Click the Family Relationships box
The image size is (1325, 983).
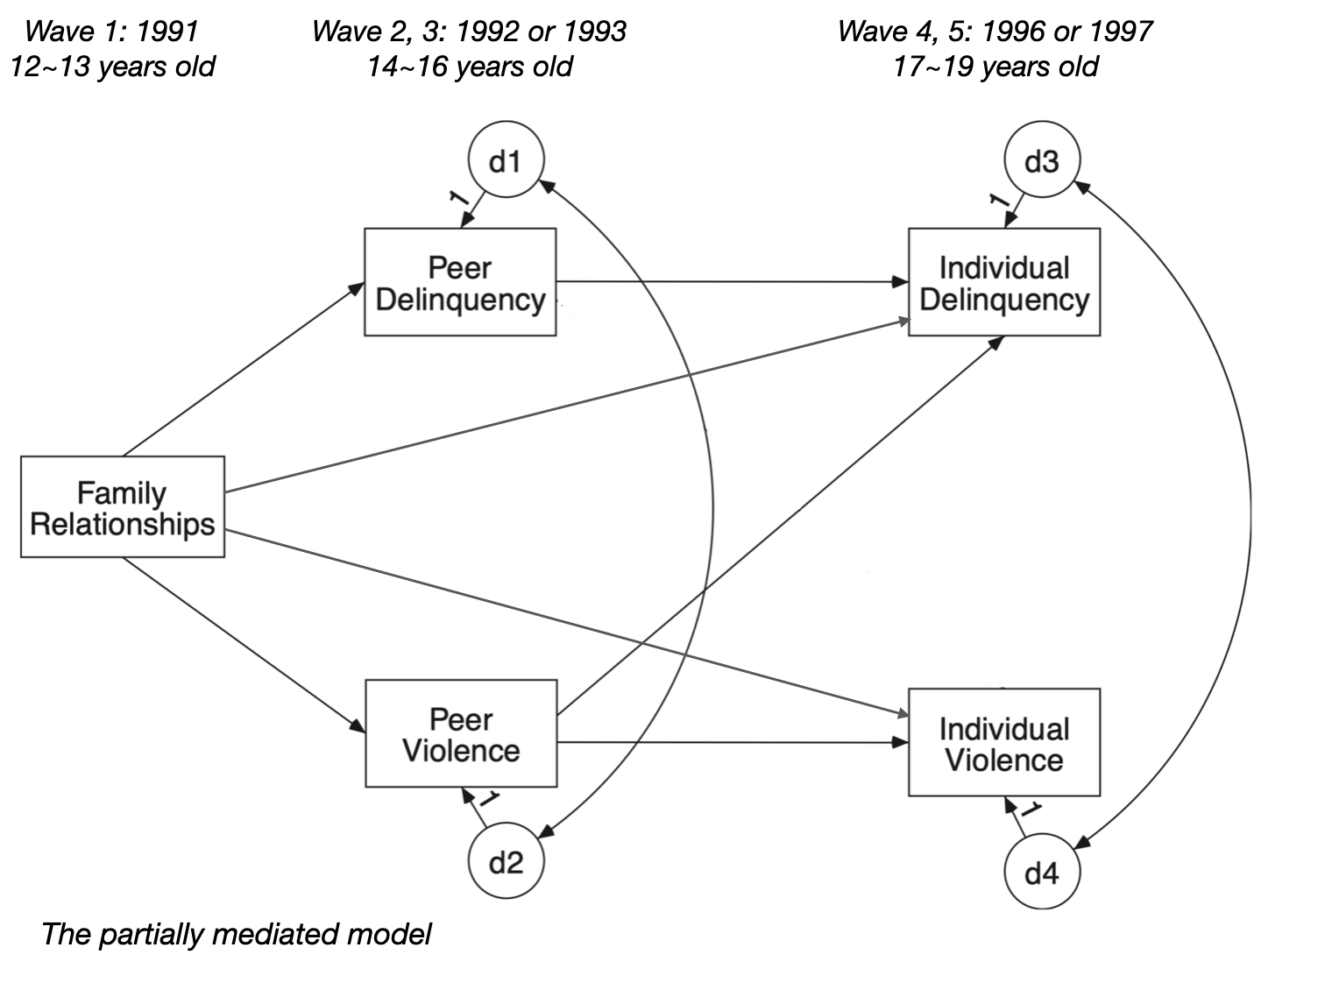122,507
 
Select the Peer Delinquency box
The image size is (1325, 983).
460,282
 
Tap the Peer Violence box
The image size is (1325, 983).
461,734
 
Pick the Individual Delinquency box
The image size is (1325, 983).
1003,282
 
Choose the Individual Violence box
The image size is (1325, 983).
1003,743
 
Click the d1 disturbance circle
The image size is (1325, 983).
506,161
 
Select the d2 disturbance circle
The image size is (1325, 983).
506,862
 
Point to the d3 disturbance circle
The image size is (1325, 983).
1041,161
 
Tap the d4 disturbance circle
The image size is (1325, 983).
1041,873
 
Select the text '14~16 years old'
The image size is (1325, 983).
469,67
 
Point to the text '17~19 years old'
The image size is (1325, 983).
995,67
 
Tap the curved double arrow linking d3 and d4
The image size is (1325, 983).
1249,517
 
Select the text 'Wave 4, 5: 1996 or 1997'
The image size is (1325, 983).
995,32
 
